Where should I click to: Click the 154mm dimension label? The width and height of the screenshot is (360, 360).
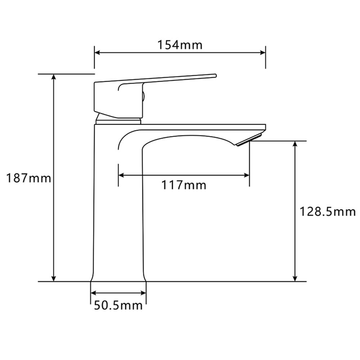pyautogui.click(x=180, y=45)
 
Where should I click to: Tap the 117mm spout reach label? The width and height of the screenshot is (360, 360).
pyautogui.click(x=184, y=185)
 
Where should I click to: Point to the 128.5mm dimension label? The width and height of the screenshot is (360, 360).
pyautogui.click(x=328, y=212)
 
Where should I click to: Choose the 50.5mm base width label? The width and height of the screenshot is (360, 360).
pyautogui.click(x=118, y=306)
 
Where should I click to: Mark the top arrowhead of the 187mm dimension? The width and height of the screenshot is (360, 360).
pyautogui.click(x=54, y=77)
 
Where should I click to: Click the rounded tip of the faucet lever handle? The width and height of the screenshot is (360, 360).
pyautogui.click(x=215, y=76)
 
